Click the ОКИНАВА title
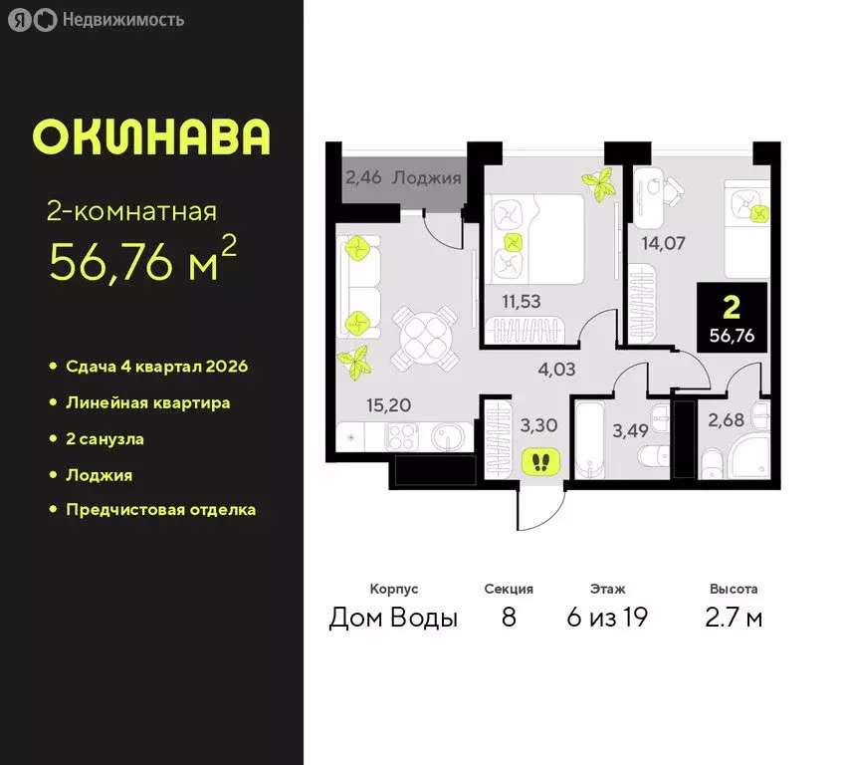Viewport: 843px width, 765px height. [150, 137]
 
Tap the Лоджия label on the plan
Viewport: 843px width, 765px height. [427, 178]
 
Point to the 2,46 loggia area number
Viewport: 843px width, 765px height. [364, 179]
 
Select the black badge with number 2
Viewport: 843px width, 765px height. [732, 317]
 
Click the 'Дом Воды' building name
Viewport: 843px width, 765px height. [393, 618]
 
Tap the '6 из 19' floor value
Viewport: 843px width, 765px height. [607, 618]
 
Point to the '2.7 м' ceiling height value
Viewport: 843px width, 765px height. [734, 618]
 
